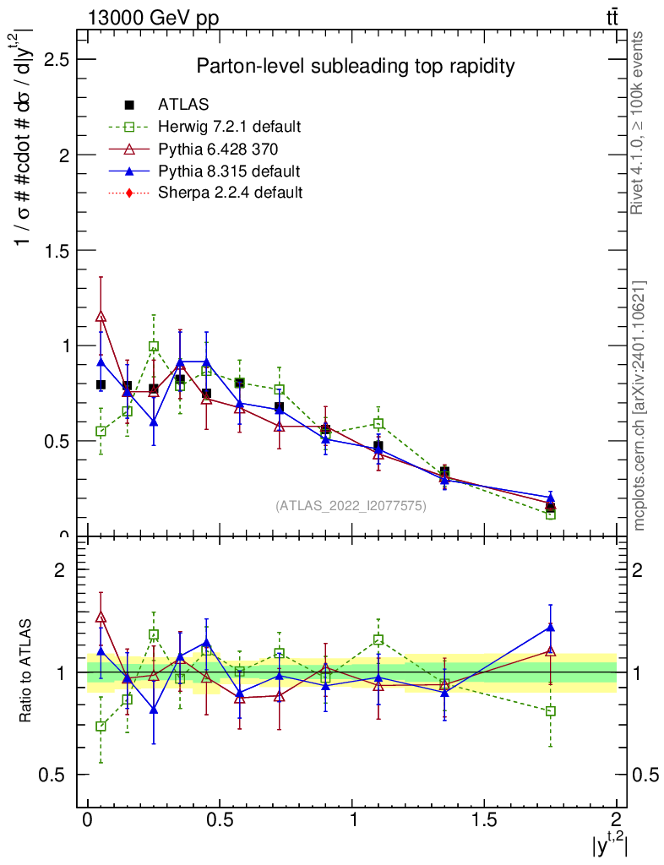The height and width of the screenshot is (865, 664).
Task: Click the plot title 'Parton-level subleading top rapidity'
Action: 355,66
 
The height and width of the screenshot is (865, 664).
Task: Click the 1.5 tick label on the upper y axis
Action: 58,250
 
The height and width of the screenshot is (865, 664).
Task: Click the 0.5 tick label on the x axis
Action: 220,819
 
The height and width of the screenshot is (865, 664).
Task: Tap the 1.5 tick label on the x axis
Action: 484,819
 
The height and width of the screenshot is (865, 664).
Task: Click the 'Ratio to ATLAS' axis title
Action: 27,672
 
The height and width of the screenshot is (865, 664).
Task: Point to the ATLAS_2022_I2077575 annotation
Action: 351,506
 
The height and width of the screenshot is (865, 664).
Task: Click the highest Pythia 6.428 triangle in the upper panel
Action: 101,317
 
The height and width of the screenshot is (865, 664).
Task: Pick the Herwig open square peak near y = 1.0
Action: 154,346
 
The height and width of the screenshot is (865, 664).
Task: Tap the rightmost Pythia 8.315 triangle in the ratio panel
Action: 551,627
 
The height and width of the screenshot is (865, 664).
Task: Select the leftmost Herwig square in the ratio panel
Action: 101,726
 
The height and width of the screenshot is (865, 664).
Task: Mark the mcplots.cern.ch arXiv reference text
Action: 640,406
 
